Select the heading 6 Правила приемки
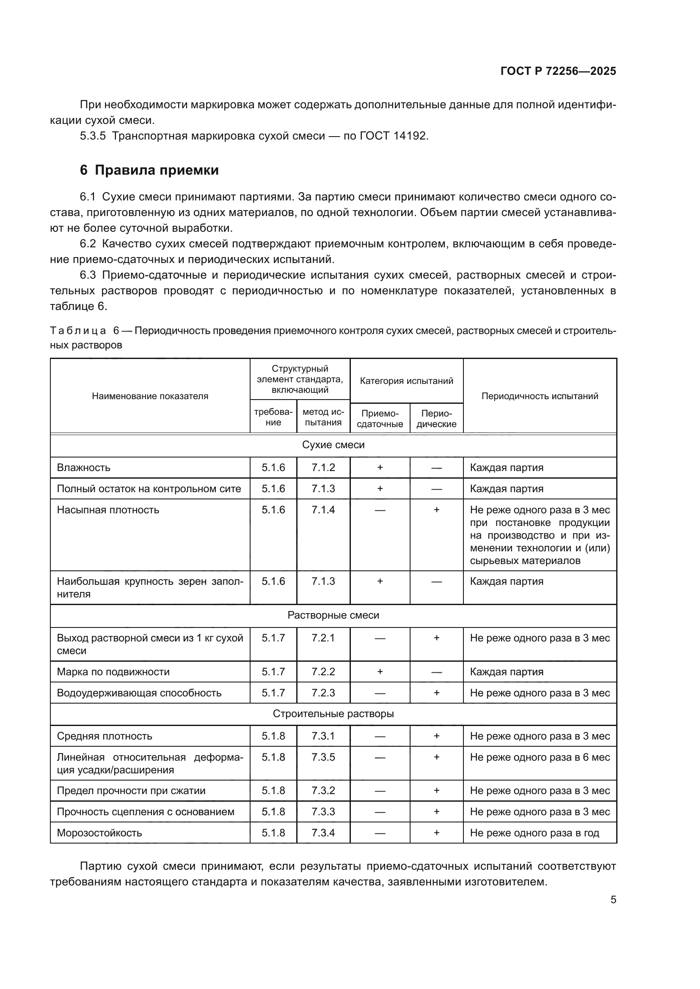point(149,170)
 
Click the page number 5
point(613,899)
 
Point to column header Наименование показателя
point(150,396)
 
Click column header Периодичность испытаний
point(540,396)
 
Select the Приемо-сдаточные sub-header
point(380,418)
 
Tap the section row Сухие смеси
point(333,445)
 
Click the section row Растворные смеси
point(333,615)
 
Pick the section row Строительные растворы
point(333,714)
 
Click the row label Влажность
point(84,467)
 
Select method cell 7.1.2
point(323,467)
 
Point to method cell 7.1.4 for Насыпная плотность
point(323,510)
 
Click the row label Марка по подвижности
point(113,671)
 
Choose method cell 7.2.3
point(323,693)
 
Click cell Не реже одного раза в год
point(535,833)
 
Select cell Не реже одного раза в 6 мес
point(540,757)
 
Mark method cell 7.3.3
point(323,811)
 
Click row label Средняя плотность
point(105,736)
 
